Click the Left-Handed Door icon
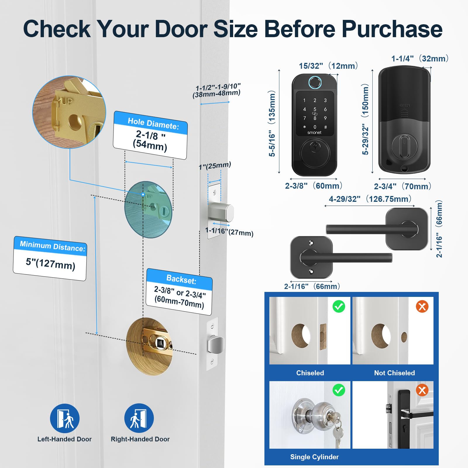click(x=65, y=418)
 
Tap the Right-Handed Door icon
click(x=139, y=418)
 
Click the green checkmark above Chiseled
click(x=339, y=307)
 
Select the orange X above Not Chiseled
click(x=422, y=307)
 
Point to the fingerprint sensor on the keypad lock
click(x=314, y=82)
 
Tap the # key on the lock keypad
click(x=325, y=127)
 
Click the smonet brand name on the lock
click(x=314, y=133)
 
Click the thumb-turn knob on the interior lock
click(x=404, y=146)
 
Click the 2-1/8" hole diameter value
click(x=150, y=135)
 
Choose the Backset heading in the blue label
click(x=181, y=279)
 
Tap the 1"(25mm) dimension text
click(x=215, y=166)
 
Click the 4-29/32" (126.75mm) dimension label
click(x=370, y=199)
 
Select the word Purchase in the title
click(x=392, y=29)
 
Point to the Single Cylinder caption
click(x=314, y=457)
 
